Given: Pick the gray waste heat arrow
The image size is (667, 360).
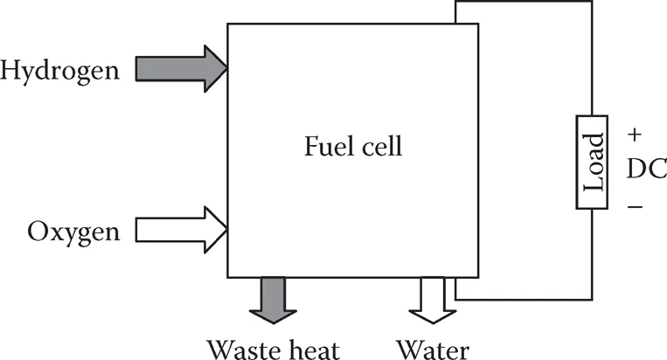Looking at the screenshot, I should [273, 298].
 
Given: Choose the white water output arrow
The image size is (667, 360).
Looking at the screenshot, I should [433, 298].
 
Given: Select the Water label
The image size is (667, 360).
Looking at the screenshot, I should [433, 348].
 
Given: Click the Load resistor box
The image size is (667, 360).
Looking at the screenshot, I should [592, 163].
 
